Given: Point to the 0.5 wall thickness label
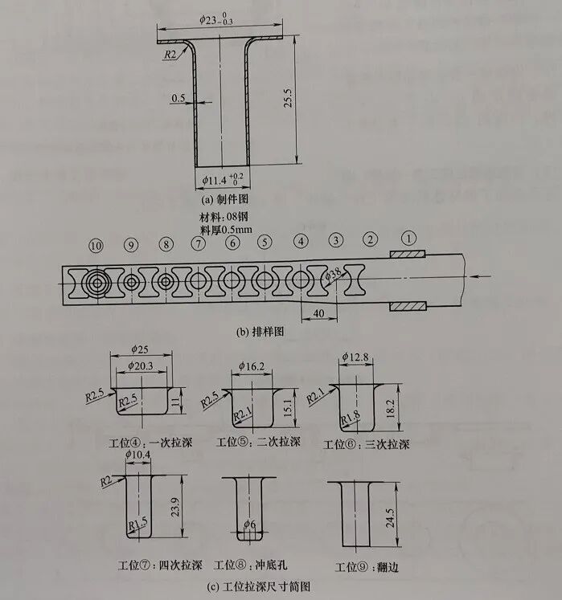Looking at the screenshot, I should pyautogui.click(x=178, y=99).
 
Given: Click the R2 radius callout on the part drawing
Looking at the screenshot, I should pyautogui.click(x=170, y=54).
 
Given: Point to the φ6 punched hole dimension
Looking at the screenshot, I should pyautogui.click(x=251, y=524).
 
